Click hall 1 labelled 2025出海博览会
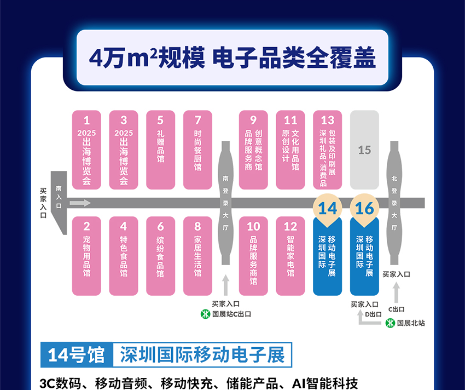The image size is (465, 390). [x=86, y=150]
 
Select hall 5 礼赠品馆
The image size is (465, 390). [x=160, y=150]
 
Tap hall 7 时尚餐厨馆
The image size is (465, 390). [x=197, y=150]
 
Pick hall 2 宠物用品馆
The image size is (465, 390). [x=86, y=256]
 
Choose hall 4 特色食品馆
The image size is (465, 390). [x=124, y=256]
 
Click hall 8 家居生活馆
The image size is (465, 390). [x=197, y=256]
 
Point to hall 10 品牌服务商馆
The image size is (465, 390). [x=253, y=256]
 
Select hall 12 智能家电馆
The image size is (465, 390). [x=290, y=256]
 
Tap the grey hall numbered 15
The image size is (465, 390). [x=364, y=150]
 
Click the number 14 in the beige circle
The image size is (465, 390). [x=327, y=209]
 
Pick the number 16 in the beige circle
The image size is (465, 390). [x=364, y=209]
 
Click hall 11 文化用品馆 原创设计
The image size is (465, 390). [x=290, y=150]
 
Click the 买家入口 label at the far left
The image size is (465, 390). [x=43, y=203]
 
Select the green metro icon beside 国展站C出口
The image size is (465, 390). [x=205, y=314]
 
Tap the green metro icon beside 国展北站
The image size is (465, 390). [x=390, y=323]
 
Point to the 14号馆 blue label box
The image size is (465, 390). [x=76, y=355]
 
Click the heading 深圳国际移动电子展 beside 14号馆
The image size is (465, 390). [x=202, y=355]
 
